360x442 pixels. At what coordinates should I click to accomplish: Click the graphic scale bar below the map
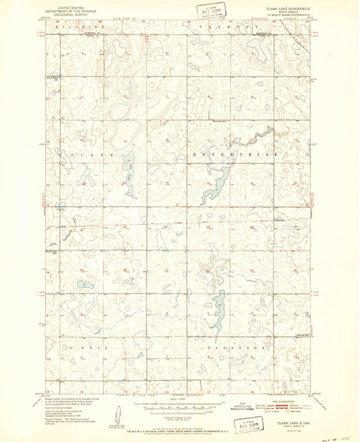[179, 407]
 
